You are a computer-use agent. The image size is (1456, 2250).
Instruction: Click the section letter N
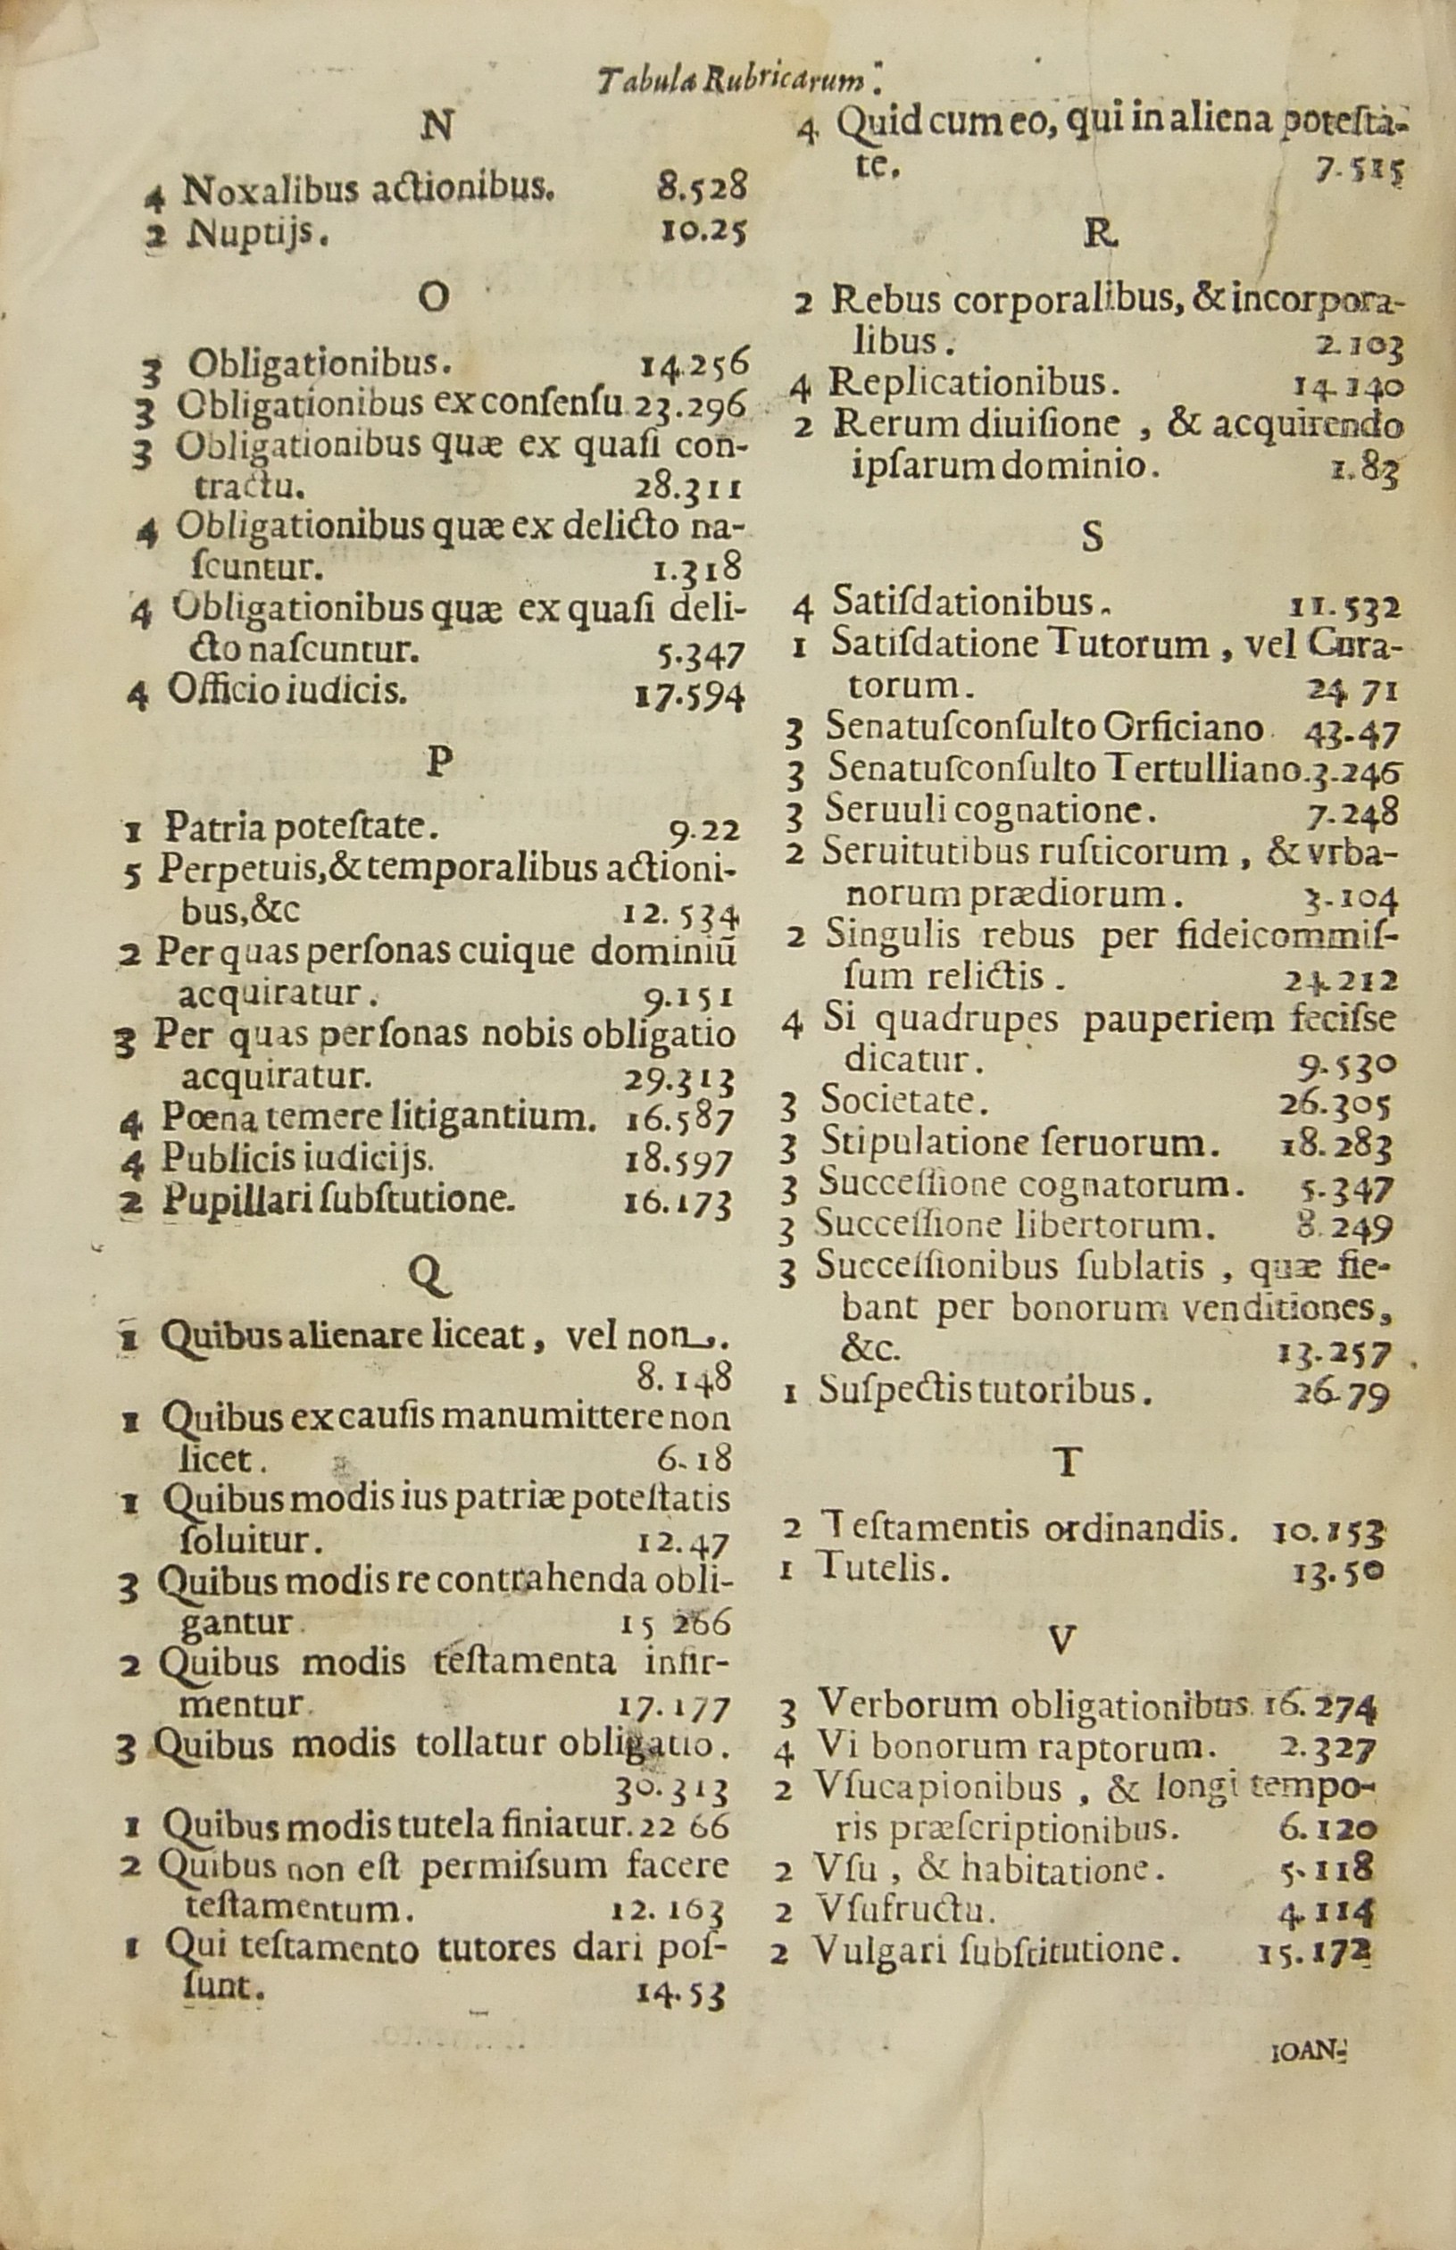437,126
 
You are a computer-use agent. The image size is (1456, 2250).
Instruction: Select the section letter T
1067,1462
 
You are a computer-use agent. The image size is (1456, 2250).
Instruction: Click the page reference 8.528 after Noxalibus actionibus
703,187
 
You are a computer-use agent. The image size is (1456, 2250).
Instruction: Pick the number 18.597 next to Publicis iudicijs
678,1160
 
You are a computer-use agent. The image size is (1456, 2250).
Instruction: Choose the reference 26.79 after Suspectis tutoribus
1343,1394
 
